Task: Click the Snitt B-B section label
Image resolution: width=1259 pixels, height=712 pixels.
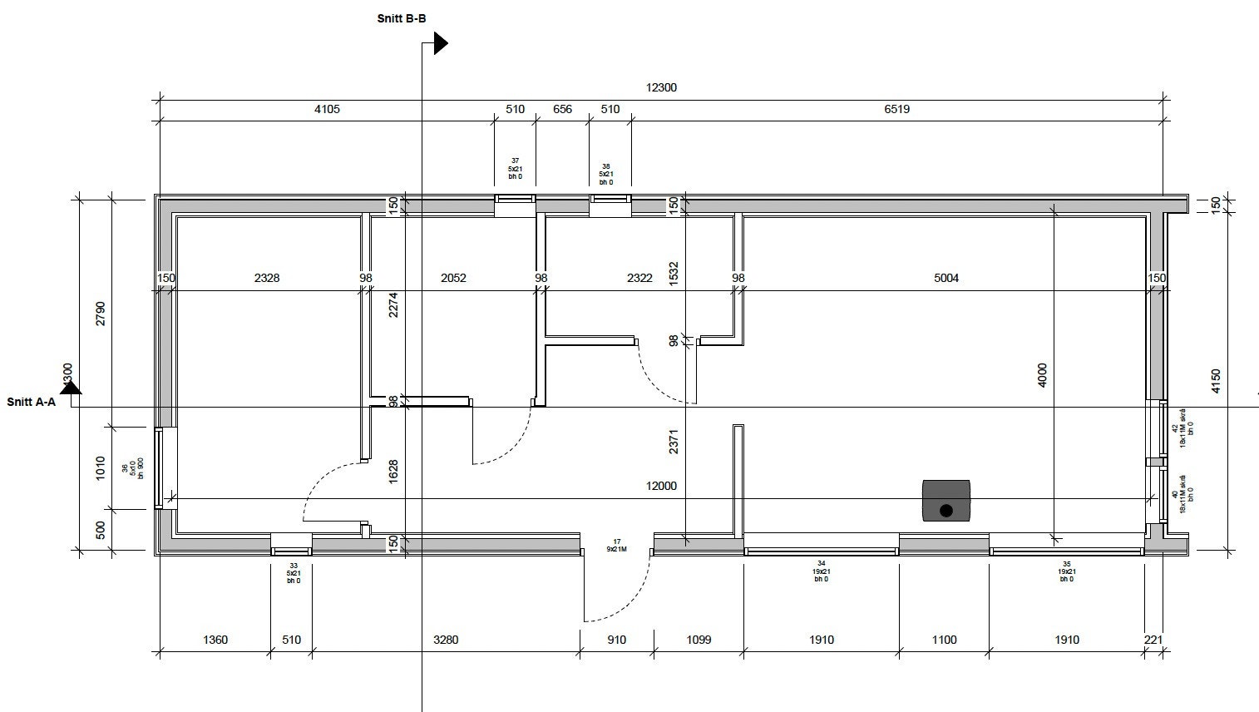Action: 402,18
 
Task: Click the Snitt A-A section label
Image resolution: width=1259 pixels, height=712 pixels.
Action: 31,402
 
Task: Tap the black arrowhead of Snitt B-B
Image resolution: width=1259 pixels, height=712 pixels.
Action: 441,43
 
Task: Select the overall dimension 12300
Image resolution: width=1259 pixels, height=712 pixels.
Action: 661,87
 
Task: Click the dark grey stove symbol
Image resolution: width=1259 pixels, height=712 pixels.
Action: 945,501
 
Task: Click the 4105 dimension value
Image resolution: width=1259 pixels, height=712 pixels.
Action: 327,109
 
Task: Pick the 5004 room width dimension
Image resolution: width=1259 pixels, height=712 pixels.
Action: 946,278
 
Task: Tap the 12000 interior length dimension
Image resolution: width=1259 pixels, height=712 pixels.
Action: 662,486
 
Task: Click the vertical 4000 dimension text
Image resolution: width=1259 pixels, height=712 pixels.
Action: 1043,375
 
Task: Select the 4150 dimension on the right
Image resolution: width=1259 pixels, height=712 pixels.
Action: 1216,381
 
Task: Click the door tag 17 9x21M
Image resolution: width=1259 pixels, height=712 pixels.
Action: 617,546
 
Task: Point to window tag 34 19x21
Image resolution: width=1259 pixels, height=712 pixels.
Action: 821,571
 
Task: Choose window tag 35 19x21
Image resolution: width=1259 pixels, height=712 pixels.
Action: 1066,571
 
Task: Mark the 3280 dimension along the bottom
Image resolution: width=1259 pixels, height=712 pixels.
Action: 446,640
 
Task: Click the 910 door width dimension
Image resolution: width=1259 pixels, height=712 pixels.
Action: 616,640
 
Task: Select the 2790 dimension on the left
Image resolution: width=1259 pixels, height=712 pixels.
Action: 101,314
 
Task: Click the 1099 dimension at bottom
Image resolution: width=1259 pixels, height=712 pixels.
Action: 698,640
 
